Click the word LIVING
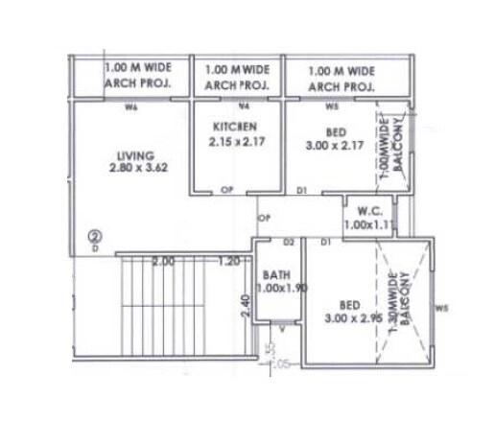(129, 154)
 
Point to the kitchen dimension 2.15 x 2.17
(236, 142)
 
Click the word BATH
(277, 276)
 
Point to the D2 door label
(287, 243)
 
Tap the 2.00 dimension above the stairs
(164, 262)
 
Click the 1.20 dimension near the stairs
(229, 262)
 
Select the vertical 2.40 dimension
(245, 308)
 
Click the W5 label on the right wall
(440, 309)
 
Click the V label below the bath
(281, 328)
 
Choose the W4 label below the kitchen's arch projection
(244, 106)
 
